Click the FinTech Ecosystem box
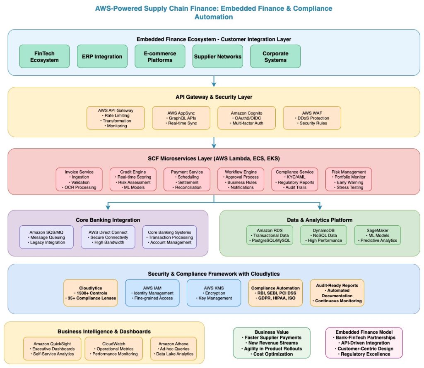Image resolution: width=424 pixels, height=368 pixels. pyautogui.click(x=44, y=56)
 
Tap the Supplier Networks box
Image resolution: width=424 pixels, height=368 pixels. pyautogui.click(x=218, y=56)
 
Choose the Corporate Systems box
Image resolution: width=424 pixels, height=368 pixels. pyautogui.click(x=275, y=56)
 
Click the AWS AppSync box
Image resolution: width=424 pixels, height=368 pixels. pyautogui.click(x=181, y=118)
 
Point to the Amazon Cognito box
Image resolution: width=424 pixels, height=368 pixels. pyautogui.click(x=247, y=118)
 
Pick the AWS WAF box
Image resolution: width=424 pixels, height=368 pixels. pyautogui.click(x=312, y=118)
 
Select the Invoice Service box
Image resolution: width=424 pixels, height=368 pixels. pyautogui.click(x=79, y=179)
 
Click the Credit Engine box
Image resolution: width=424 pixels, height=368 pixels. pyautogui.click(x=133, y=179)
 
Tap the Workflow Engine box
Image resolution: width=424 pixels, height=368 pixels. pyautogui.click(x=241, y=179)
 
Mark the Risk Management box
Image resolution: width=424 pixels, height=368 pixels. pyautogui.click(x=349, y=179)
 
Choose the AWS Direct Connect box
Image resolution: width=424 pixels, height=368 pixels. pyautogui.click(x=108, y=237)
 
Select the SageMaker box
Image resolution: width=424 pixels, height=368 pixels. pyautogui.click(x=377, y=235)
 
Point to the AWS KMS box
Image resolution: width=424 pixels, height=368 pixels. pyautogui.click(x=214, y=293)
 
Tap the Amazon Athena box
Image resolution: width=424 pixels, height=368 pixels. pyautogui.click(x=173, y=349)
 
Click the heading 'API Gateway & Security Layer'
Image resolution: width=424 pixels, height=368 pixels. pyautogui.click(x=214, y=97)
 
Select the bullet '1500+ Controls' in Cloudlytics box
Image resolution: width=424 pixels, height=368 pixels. pyautogui.click(x=91, y=293)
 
